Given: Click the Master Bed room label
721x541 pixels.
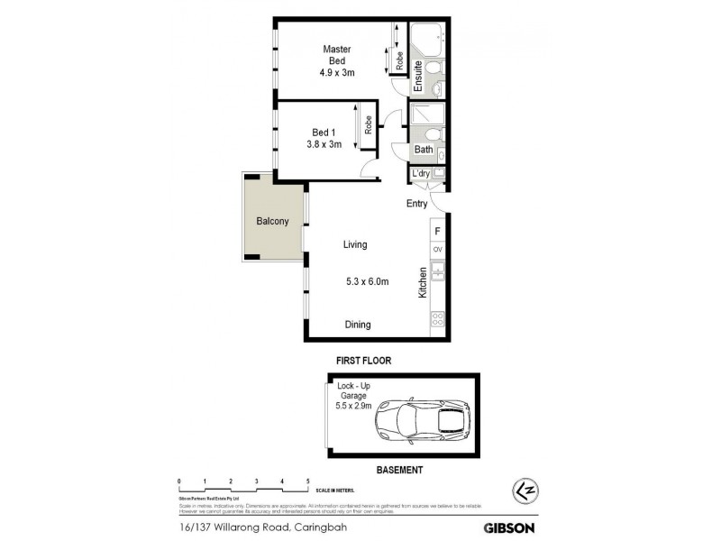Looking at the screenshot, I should (337, 55).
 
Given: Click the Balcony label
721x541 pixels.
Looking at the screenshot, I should (272, 222).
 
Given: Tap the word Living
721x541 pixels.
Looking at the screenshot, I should (354, 244).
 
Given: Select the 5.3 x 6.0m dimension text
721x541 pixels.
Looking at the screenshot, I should (368, 281).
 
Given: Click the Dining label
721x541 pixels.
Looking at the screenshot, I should (357, 325).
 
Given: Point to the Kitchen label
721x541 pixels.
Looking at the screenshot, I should (421, 283).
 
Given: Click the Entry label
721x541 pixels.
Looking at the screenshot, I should (416, 204).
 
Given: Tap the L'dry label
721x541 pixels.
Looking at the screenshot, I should (421, 174).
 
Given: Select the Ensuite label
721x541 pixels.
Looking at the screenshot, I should (417, 77).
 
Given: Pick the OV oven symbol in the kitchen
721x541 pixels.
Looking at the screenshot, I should (438, 250).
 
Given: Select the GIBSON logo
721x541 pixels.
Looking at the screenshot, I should (509, 527).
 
